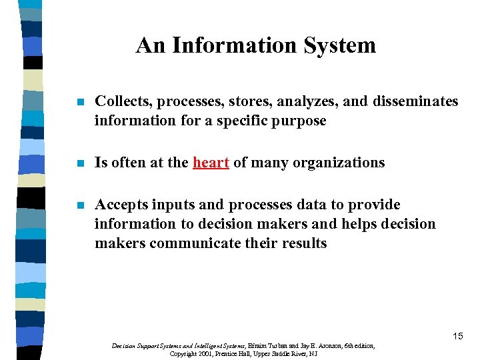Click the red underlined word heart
click(x=211, y=163)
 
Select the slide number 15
click(x=457, y=336)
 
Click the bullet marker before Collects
click(x=79, y=102)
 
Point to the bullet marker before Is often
click(x=79, y=163)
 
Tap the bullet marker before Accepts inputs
click(x=79, y=205)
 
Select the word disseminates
click(x=418, y=101)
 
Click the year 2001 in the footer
click(x=207, y=353)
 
